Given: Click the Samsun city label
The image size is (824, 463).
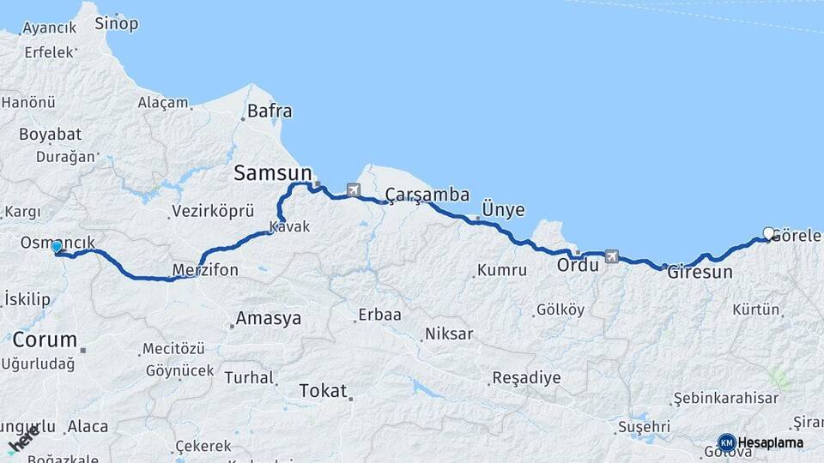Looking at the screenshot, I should [x=270, y=174].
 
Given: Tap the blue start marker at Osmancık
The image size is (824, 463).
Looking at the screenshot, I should [x=57, y=247].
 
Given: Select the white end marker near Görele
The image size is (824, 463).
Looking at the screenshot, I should [x=768, y=232].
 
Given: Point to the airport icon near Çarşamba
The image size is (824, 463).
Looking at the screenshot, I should [x=354, y=189].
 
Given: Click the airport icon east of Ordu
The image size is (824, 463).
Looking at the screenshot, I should [x=611, y=256].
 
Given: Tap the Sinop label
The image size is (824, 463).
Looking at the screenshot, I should [x=116, y=24].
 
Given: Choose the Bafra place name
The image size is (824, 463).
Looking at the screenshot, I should [x=270, y=111].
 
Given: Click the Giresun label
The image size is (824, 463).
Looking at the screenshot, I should [x=700, y=273].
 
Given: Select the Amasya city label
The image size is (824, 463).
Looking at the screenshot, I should [x=269, y=319].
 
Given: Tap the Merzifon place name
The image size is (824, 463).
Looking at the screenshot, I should [x=205, y=271].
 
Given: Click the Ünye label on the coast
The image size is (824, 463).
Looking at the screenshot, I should [x=503, y=210].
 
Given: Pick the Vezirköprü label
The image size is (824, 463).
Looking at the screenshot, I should [x=213, y=210].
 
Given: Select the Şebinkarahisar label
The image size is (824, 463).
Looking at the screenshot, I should [x=725, y=398].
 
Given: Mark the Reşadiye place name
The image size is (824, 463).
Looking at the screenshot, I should [x=526, y=378].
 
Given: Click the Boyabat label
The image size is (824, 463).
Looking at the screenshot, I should [x=50, y=135].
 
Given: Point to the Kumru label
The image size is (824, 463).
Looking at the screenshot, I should [x=502, y=271].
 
